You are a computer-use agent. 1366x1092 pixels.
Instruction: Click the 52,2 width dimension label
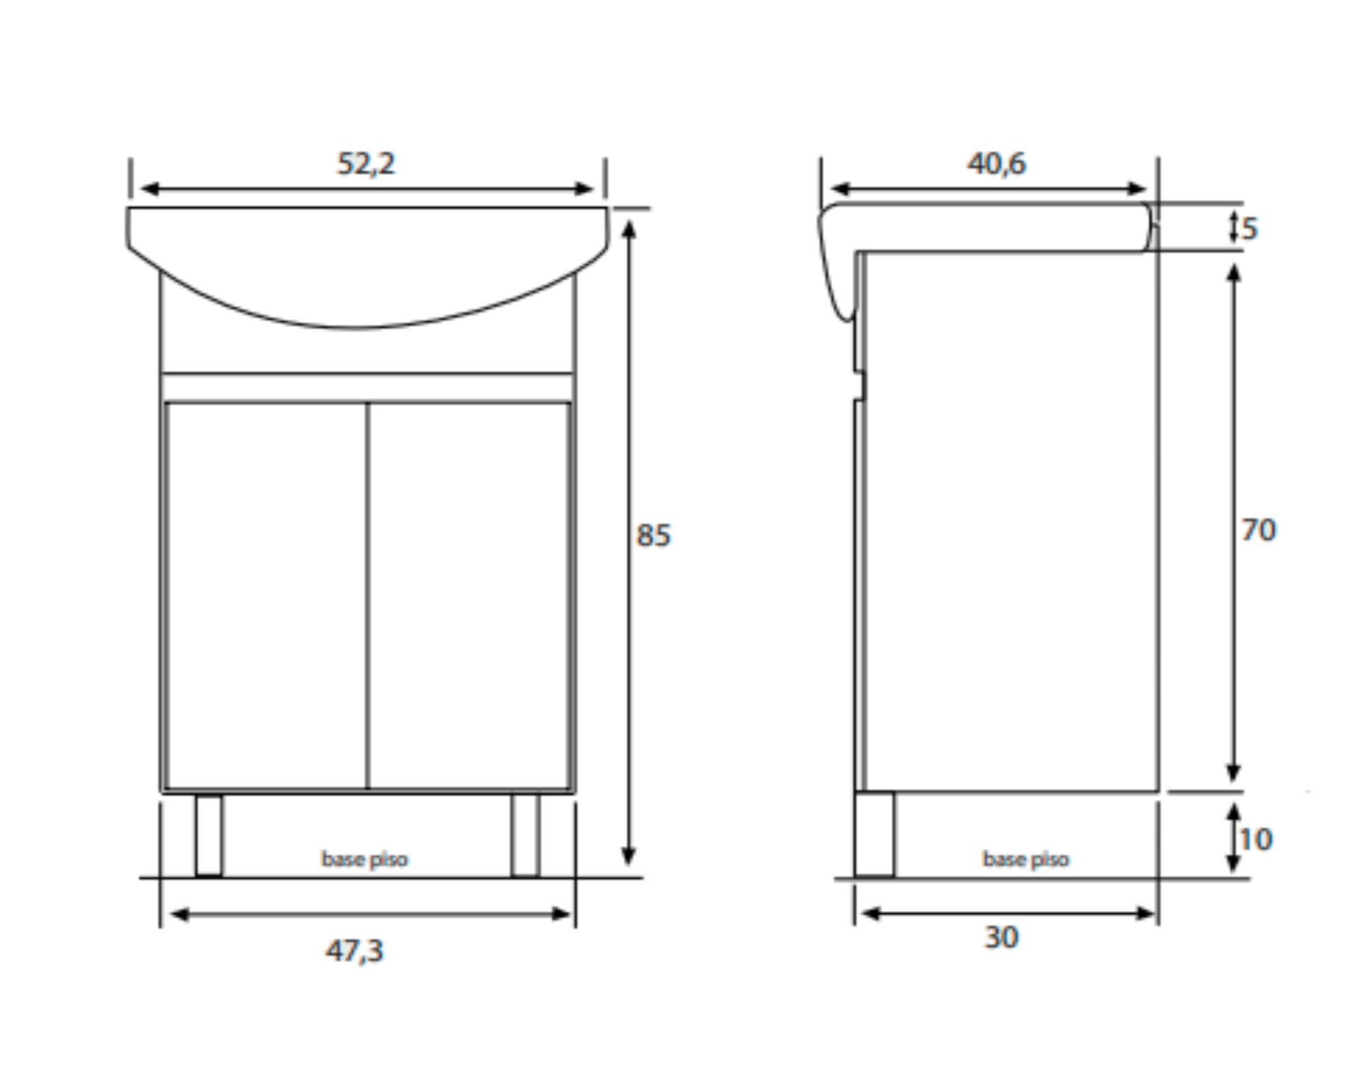pyautogui.click(x=366, y=164)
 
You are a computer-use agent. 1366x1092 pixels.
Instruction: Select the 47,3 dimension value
pyautogui.click(x=354, y=950)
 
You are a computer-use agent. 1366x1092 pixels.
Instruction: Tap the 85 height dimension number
pyautogui.click(x=654, y=535)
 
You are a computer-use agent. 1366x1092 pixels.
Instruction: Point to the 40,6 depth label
pyautogui.click(x=996, y=164)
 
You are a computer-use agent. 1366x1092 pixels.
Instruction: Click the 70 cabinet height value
pyautogui.click(x=1258, y=530)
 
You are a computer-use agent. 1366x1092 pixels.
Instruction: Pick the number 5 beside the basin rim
pyautogui.click(x=1249, y=229)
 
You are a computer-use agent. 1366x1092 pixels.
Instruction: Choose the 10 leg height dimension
pyautogui.click(x=1255, y=839)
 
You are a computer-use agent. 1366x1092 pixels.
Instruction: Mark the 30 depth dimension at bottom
pyautogui.click(x=1001, y=938)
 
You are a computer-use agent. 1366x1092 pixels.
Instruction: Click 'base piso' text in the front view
pyautogui.click(x=365, y=859)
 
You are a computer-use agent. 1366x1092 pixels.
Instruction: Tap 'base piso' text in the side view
pyautogui.click(x=1025, y=859)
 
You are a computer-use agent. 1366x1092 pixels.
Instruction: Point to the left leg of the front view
pyautogui.click(x=209, y=835)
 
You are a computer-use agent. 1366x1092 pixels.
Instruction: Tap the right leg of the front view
pyautogui.click(x=525, y=835)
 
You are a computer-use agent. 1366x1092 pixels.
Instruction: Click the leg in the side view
pyautogui.click(x=874, y=834)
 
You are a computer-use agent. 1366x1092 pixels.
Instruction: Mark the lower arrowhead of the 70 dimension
pyautogui.click(x=1233, y=773)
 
